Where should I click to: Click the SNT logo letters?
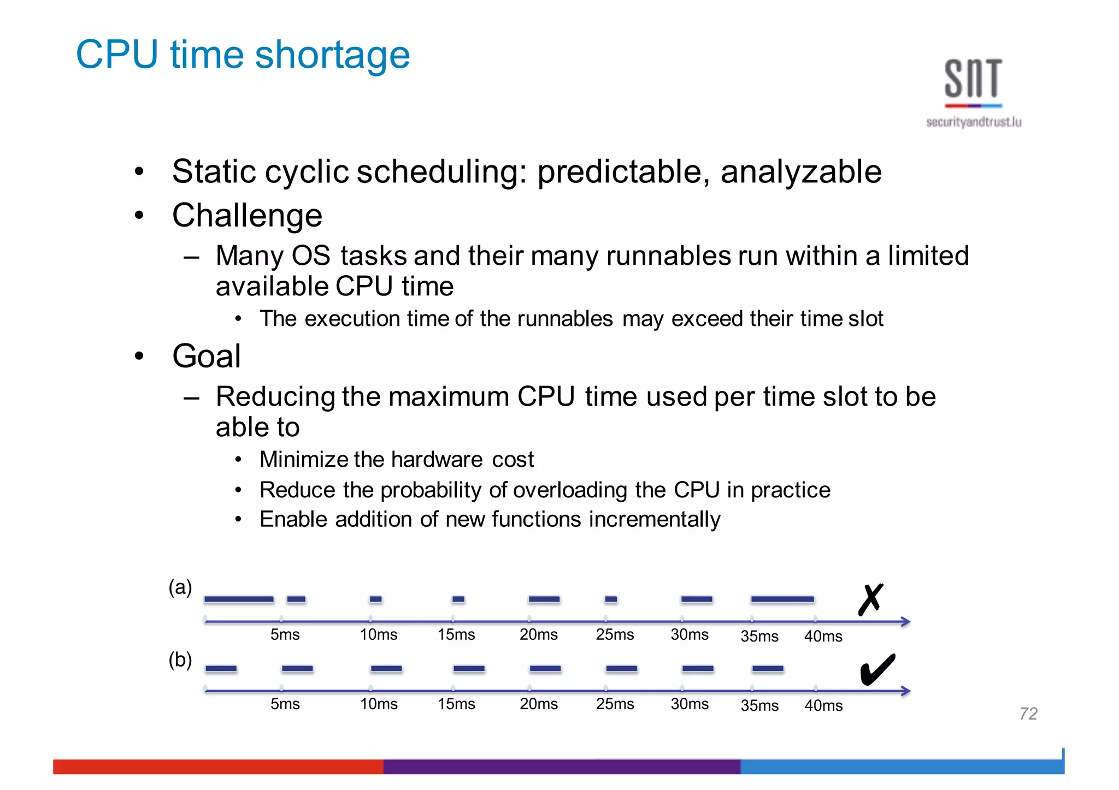click(x=973, y=79)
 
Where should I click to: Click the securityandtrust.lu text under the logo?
click(x=973, y=122)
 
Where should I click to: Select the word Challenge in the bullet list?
click(x=247, y=215)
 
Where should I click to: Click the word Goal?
click(x=207, y=356)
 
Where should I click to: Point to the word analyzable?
click(x=800, y=172)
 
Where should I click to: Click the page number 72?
click(x=1028, y=714)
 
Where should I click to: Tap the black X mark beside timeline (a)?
click(x=870, y=599)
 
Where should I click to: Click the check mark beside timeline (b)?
click(x=877, y=669)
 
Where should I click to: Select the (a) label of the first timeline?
click(x=180, y=587)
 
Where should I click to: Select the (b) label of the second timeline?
click(x=180, y=660)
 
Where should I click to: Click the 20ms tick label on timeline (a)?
click(x=538, y=634)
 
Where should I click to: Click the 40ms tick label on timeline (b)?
click(x=823, y=705)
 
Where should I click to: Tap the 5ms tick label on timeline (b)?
click(x=285, y=704)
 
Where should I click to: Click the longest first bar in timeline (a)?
click(x=239, y=599)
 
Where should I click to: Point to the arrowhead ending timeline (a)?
click(x=905, y=621)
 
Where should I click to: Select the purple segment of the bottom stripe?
click(x=561, y=766)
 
